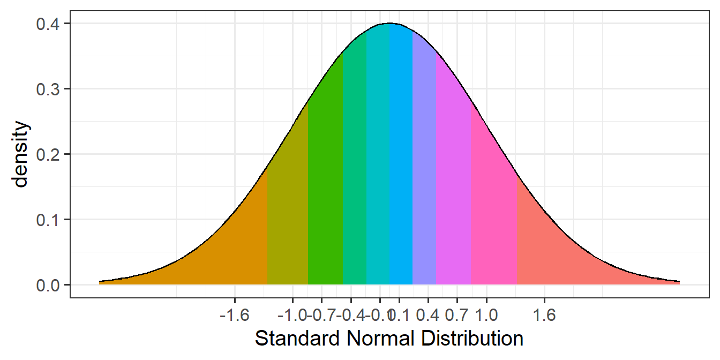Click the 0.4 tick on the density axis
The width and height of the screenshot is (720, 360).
tap(48, 24)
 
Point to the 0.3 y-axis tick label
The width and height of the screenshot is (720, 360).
tap(48, 89)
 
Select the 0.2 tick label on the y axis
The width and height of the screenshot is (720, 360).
tap(48, 154)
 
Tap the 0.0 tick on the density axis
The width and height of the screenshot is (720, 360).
tap(48, 284)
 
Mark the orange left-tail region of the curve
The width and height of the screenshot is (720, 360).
tap(225, 252)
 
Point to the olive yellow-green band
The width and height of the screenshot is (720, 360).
tap(288, 214)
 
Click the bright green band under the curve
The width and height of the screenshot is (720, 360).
tap(325, 187)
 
